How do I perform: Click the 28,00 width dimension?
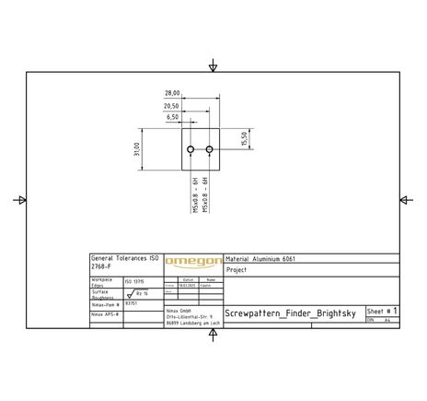pyautogui.click(x=172, y=93)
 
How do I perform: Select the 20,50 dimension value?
pyautogui.click(x=172, y=106)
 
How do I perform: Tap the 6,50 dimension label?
pyautogui.click(x=172, y=118)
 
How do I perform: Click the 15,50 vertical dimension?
pyautogui.click(x=245, y=138)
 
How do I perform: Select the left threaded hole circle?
pyautogui.click(x=190, y=149)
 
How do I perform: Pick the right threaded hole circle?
pyautogui.click(x=210, y=149)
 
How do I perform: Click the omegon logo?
pyautogui.click(x=193, y=263)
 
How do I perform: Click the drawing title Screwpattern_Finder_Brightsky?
pyautogui.click(x=293, y=313)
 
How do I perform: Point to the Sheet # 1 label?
pyautogui.click(x=382, y=312)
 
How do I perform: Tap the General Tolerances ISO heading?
pyautogui.click(x=125, y=258)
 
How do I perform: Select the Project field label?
pyautogui.click(x=237, y=271)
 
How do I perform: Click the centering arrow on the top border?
pyautogui.click(x=213, y=66)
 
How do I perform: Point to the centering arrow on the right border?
pyautogui.click(x=405, y=200)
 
